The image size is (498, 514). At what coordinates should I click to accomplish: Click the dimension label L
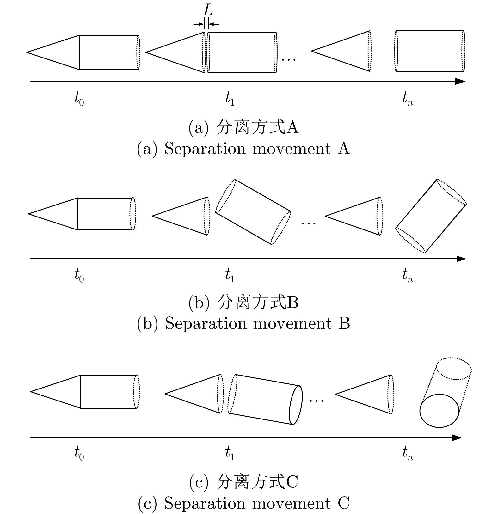click(x=208, y=11)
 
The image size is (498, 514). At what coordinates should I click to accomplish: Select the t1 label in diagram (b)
click(x=230, y=275)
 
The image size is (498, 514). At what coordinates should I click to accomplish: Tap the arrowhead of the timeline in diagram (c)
click(x=458, y=438)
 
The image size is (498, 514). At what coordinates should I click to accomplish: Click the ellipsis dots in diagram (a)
click(x=288, y=59)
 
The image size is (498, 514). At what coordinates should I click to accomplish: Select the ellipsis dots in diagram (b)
click(x=309, y=223)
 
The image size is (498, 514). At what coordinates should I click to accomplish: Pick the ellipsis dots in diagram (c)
click(x=317, y=401)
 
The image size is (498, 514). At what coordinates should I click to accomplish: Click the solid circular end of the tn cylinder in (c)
click(x=439, y=411)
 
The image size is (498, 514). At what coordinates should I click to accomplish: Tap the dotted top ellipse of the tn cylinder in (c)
click(x=454, y=369)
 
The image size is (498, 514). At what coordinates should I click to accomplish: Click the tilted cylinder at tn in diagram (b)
click(x=431, y=216)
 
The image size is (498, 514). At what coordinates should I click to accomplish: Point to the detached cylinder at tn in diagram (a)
click(x=430, y=51)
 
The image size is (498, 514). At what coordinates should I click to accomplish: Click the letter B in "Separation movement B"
click(x=344, y=324)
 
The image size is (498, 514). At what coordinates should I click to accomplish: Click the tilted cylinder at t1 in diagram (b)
click(x=253, y=212)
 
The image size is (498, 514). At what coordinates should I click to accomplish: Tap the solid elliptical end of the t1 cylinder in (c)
click(x=296, y=405)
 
